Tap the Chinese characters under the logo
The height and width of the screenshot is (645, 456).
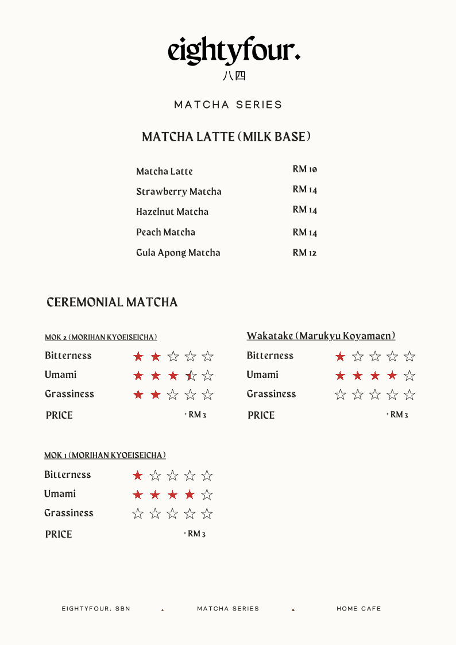click(234, 76)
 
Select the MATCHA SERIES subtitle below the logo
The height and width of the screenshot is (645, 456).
click(228, 105)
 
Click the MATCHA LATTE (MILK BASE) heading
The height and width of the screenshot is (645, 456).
click(227, 137)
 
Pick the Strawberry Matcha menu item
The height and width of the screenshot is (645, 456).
click(179, 191)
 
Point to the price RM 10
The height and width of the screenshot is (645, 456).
click(304, 169)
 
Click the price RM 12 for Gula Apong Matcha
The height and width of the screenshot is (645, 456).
click(304, 253)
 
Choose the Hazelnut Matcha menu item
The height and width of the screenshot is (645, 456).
click(172, 211)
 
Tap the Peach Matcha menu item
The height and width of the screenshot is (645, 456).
click(165, 232)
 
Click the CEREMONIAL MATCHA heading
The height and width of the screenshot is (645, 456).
click(112, 302)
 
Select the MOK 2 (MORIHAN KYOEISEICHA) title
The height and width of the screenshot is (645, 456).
click(101, 337)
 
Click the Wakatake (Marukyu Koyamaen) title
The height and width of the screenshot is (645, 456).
click(321, 335)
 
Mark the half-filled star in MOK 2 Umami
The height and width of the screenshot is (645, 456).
click(190, 376)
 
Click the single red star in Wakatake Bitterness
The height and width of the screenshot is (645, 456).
click(340, 357)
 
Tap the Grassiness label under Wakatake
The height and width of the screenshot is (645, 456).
click(271, 394)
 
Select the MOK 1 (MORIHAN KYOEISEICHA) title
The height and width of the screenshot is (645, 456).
click(105, 455)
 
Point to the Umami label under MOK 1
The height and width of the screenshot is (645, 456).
click(60, 494)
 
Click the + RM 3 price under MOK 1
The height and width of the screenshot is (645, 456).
click(195, 534)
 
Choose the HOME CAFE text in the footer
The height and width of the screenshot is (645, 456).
click(358, 608)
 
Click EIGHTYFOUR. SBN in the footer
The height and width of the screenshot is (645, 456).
click(96, 608)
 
